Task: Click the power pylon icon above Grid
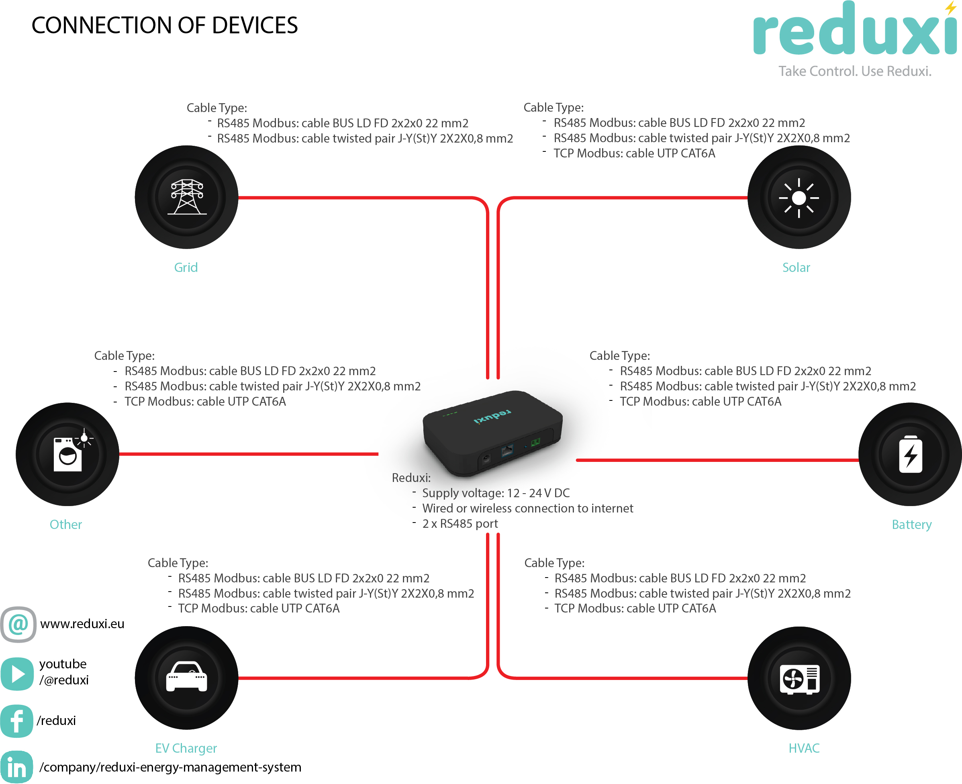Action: pyautogui.click(x=186, y=197)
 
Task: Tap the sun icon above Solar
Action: pyautogui.click(x=799, y=197)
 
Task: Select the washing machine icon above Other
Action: pyautogui.click(x=68, y=454)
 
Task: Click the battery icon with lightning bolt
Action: pyautogui.click(x=910, y=454)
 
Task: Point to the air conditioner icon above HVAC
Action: pyautogui.click(x=799, y=678)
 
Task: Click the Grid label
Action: pyautogui.click(x=186, y=267)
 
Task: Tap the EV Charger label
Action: pyautogui.click(x=186, y=748)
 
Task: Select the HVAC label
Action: pyautogui.click(x=803, y=748)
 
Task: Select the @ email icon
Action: pyautogui.click(x=18, y=625)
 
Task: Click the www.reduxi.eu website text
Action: pyautogui.click(x=82, y=624)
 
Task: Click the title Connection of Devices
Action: pyautogui.click(x=164, y=25)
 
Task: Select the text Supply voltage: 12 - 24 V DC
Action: pyautogui.click(x=495, y=493)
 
